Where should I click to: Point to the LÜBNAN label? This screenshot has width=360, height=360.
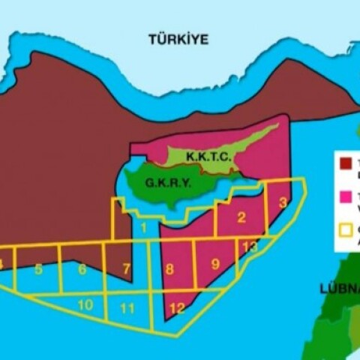tap(338, 288)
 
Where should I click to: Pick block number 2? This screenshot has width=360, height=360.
tap(241, 218)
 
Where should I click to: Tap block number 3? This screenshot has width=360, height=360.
tap(282, 202)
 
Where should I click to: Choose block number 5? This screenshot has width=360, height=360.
tap(38, 268)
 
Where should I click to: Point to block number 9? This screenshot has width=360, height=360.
tap(215, 264)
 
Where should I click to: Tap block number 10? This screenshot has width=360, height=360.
tap(85, 304)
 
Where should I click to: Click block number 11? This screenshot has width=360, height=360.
tap(127, 308)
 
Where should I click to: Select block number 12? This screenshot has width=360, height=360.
tap(177, 307)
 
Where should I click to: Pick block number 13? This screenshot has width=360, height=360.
tap(250, 247)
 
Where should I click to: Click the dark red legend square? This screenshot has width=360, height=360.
tap(346, 163)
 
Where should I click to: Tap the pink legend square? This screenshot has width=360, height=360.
tap(346, 196)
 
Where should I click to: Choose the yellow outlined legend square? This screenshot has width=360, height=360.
tap(346, 230)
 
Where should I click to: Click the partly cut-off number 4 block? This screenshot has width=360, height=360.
tap(2, 264)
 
